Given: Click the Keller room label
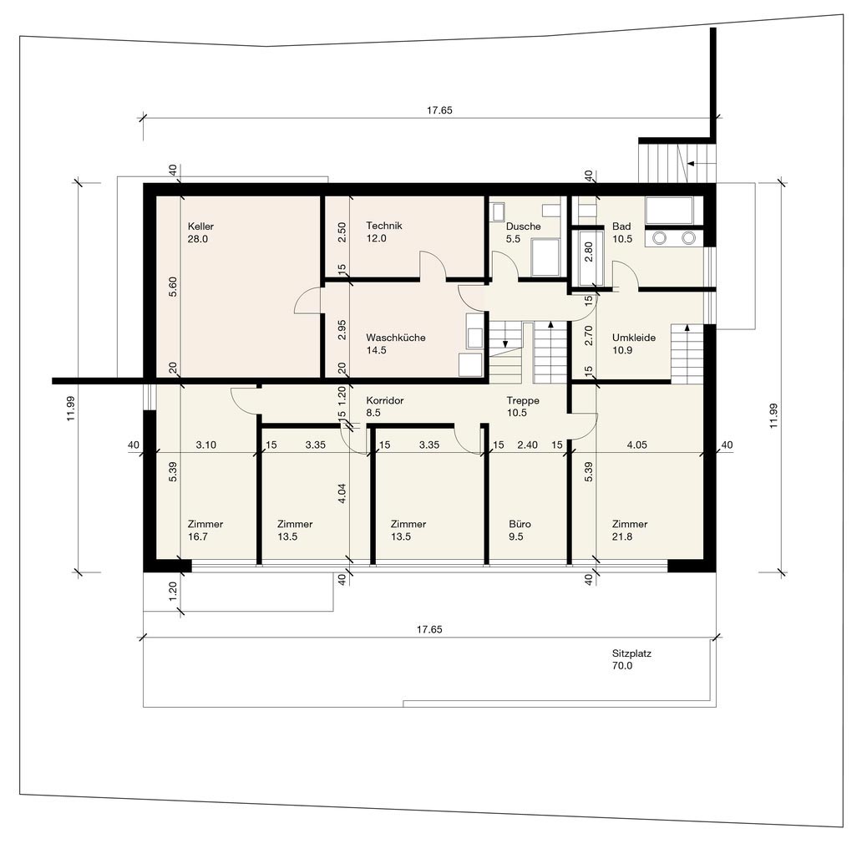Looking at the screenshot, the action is [x=200, y=226].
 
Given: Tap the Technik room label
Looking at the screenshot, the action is [x=383, y=226].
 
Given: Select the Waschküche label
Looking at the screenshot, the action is [x=395, y=338].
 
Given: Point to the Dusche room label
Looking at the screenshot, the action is [x=523, y=226].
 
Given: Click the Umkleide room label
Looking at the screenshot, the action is [x=634, y=338].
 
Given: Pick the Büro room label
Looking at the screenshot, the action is [x=520, y=524].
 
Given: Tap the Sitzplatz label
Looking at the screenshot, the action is [x=631, y=653].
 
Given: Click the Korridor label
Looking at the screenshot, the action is [x=385, y=400].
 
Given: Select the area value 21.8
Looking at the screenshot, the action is [x=622, y=536].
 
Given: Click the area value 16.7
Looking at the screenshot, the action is [x=197, y=536].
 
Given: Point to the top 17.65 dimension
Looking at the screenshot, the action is [x=439, y=110].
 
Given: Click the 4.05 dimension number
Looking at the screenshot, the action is [x=637, y=445].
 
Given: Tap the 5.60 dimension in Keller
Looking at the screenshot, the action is [x=173, y=287].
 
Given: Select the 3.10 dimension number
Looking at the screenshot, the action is [x=205, y=445].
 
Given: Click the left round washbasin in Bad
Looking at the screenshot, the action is [x=660, y=238].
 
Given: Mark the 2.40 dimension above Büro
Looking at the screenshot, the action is [x=528, y=445].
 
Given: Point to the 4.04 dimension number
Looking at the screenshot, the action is [x=342, y=493].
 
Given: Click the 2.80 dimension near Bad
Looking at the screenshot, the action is [x=588, y=252].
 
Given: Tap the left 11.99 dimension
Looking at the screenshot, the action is [x=71, y=408].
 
